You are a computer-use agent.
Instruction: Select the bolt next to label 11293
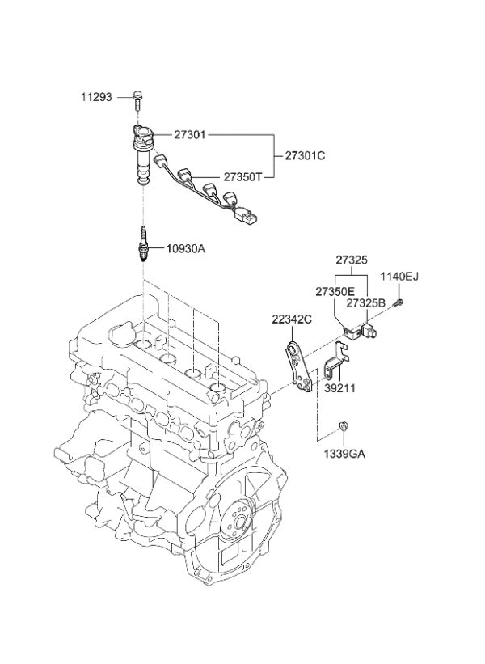coord(138,99)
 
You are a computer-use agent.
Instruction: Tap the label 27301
coord(191,135)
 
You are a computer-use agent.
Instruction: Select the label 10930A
coord(187,248)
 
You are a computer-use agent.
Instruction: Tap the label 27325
coord(352,261)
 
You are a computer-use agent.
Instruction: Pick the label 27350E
coord(335,290)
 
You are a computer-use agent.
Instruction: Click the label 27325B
coord(365,302)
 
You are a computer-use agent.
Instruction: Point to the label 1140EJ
coord(399,277)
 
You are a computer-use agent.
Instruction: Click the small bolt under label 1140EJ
coord(399,303)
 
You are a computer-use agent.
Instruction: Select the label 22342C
coord(292,319)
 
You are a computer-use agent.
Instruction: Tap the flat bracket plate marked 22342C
coord(299,368)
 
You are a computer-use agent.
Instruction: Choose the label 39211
coord(339,388)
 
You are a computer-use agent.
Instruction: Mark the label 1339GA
coord(345,454)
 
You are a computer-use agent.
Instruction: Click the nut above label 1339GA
coord(344,425)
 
